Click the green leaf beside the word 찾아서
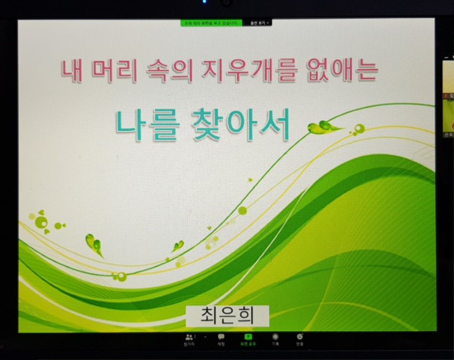click(x=322, y=127)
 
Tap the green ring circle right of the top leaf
click(x=359, y=128)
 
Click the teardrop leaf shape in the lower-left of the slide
click(x=94, y=244)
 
